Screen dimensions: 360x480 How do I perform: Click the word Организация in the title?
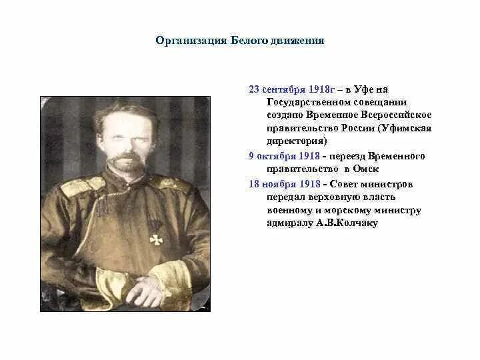[185, 41]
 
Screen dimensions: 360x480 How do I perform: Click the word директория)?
[297, 141]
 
